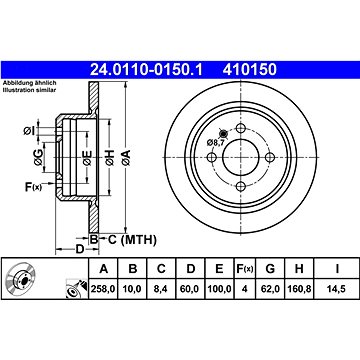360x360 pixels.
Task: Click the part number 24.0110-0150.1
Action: click(x=146, y=70)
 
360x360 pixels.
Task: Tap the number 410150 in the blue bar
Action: click(x=250, y=70)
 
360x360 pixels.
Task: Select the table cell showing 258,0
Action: click(x=103, y=289)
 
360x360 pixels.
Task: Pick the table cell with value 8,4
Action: click(x=161, y=289)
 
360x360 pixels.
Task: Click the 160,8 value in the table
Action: click(x=299, y=289)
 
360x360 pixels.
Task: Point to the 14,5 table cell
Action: click(x=337, y=289)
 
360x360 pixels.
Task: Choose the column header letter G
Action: click(x=270, y=268)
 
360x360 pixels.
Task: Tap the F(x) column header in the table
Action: click(x=245, y=268)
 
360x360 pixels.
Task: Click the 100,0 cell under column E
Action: click(x=219, y=289)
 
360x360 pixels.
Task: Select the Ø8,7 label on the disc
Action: click(x=214, y=142)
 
